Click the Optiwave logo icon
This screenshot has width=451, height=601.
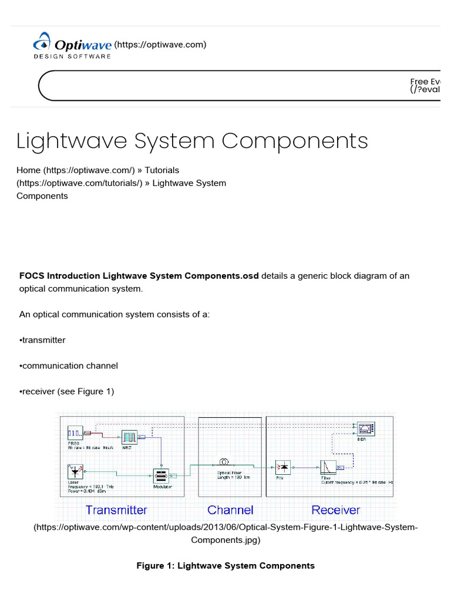coord(42,43)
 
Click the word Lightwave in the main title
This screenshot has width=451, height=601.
coord(70,141)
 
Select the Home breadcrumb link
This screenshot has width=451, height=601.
coord(29,170)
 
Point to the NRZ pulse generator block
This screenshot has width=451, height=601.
coord(129,437)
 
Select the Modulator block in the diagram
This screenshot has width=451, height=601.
coord(161,476)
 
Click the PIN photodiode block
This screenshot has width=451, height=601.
coord(284,468)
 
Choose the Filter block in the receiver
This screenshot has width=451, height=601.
coord(327,467)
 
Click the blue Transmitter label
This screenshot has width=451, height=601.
coord(116,510)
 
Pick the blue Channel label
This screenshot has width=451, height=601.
coord(230,510)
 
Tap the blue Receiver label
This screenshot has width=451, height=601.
coord(335,510)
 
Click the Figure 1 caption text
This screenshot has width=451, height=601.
coord(225,566)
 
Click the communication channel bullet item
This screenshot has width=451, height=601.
coord(69,366)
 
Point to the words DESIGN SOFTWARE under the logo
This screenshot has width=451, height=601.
coord(72,56)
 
